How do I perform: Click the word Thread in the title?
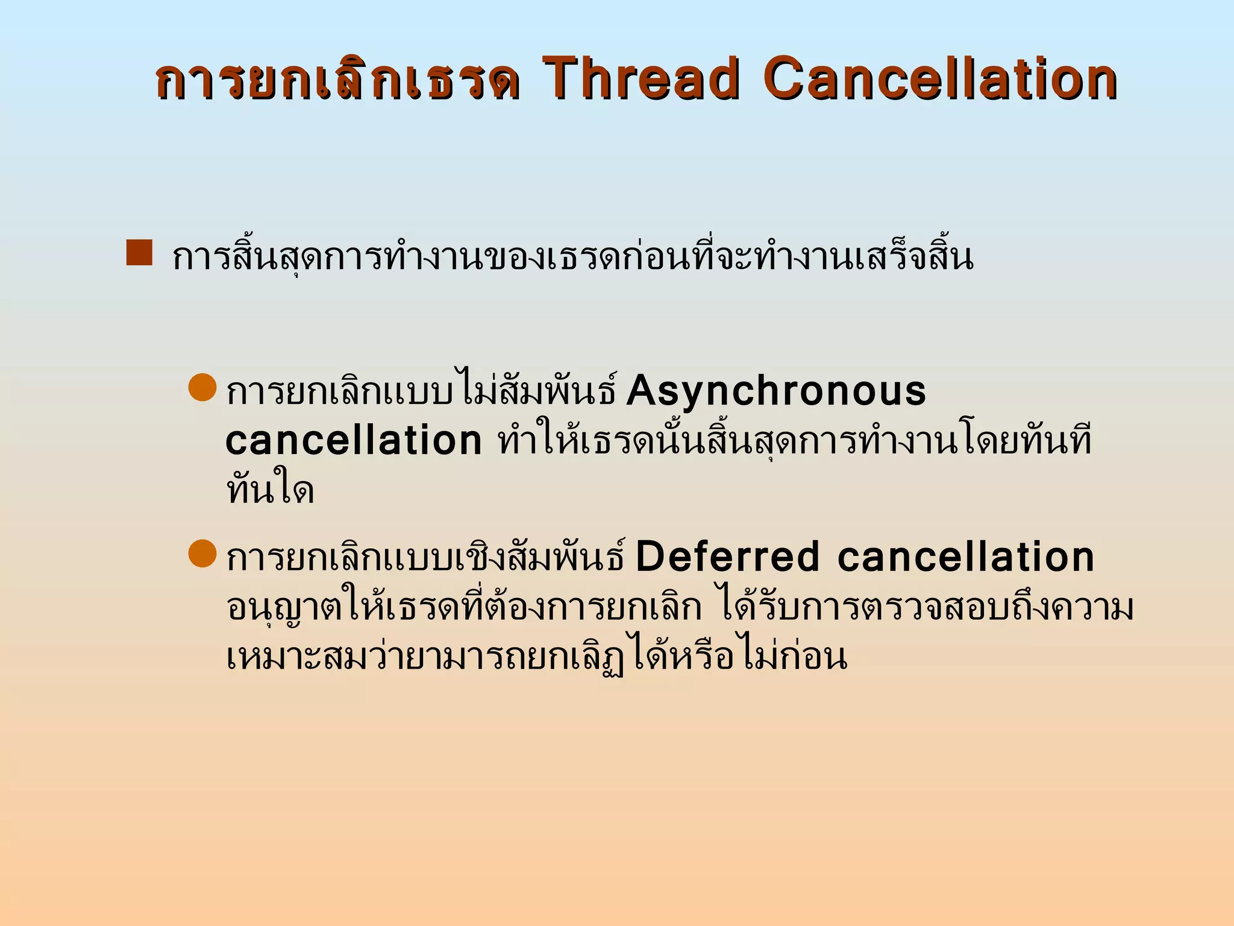pyautogui.click(x=641, y=79)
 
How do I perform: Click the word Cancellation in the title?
pyautogui.click(x=941, y=79)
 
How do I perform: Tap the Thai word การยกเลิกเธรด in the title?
pyautogui.click(x=337, y=80)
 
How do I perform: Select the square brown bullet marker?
pyautogui.click(x=139, y=253)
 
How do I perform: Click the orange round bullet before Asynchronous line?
pyautogui.click(x=202, y=387)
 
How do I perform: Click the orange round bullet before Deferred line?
pyautogui.click(x=202, y=553)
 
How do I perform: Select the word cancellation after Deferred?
pyautogui.click(x=965, y=557)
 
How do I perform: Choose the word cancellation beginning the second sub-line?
pyautogui.click(x=354, y=441)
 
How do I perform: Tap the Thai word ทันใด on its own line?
pyautogui.click(x=270, y=491)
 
